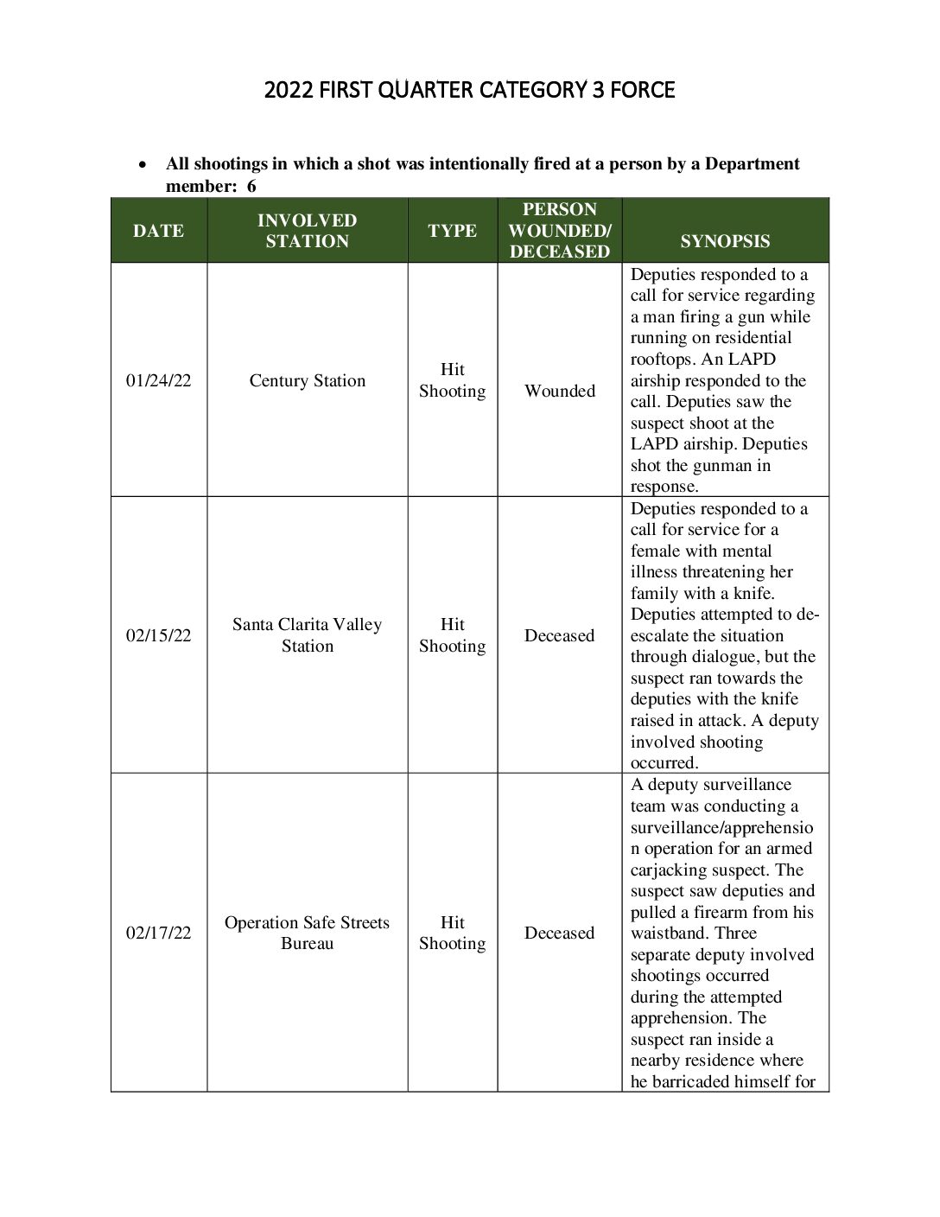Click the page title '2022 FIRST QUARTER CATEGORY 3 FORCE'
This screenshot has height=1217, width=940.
[x=469, y=90]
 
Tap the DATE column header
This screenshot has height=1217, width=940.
[x=158, y=231]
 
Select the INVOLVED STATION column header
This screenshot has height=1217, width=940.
[x=307, y=231]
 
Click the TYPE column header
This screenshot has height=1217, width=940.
[x=452, y=231]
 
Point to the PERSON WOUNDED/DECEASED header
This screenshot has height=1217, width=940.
[x=559, y=231]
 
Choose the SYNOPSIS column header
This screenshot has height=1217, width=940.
[x=725, y=241]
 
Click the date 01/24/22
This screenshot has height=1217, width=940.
[x=158, y=380]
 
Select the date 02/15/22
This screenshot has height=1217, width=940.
[x=158, y=635]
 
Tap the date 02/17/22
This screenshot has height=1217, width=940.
[x=158, y=933]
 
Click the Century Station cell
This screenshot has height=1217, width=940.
[x=307, y=380]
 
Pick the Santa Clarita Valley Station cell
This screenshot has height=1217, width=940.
[x=307, y=635]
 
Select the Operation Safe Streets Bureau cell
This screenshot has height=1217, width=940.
[x=307, y=933]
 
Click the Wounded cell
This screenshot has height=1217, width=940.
[x=559, y=391]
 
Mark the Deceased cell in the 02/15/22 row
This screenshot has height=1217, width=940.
[x=559, y=635]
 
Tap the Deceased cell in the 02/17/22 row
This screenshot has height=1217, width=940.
[x=559, y=933]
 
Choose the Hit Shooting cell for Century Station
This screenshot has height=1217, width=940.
[x=452, y=380]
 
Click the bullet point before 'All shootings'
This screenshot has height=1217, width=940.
[x=143, y=164]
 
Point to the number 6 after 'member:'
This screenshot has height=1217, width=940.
[x=251, y=186]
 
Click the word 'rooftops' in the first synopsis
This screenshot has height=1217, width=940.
[x=661, y=360]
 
